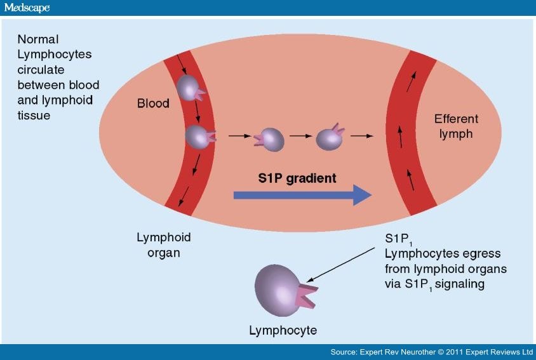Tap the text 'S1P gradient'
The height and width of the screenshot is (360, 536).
(x=297, y=178)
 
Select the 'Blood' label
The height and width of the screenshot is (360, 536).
(x=154, y=103)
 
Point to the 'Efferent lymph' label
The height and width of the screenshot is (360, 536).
(x=456, y=126)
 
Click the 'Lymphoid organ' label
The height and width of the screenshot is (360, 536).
(x=164, y=244)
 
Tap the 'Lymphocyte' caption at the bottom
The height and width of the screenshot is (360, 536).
(x=283, y=331)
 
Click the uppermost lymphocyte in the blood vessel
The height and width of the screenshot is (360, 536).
(x=189, y=88)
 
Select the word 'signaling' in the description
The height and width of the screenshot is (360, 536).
(x=461, y=284)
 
